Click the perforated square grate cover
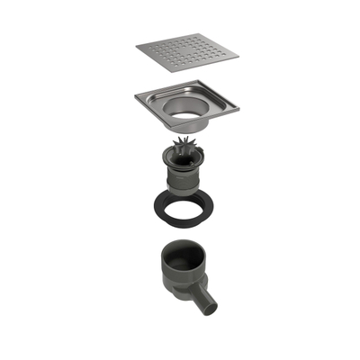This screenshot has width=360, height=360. (x=188, y=56)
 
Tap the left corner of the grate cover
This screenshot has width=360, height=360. (x=137, y=45)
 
